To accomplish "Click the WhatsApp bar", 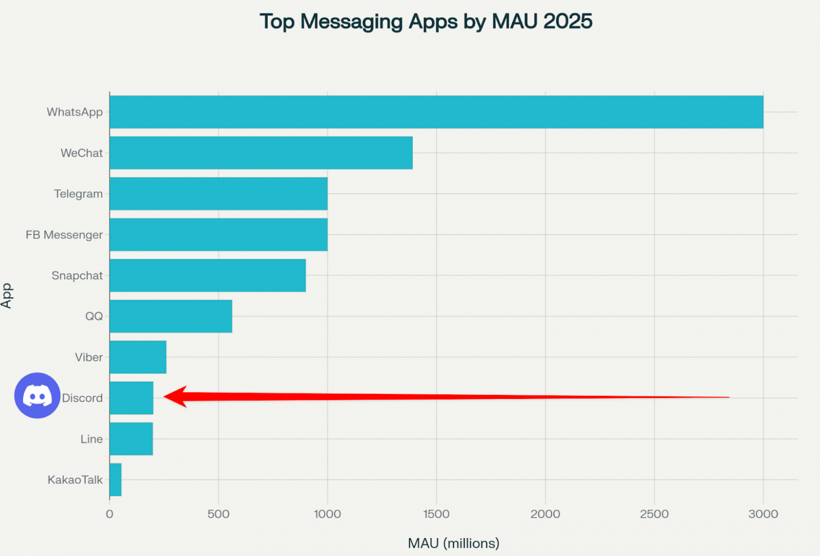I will (x=436, y=112).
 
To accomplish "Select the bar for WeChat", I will (x=261, y=153).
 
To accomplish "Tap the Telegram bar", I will (x=218, y=194).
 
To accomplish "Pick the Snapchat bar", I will (x=208, y=276).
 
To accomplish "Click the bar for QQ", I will (x=171, y=316).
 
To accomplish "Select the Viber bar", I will (x=138, y=357).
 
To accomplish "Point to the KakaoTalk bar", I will (x=116, y=480).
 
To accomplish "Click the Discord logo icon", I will (x=37, y=395).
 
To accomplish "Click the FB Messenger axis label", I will (x=64, y=235).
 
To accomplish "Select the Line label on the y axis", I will (x=91, y=439).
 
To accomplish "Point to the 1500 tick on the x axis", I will (x=436, y=514).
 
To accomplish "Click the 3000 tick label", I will (x=763, y=514).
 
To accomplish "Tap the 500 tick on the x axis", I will (x=218, y=514).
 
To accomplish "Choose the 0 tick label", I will (x=109, y=514).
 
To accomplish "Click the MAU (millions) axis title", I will (x=454, y=543).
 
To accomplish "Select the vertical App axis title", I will (x=7, y=296).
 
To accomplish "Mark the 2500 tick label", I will (x=654, y=514).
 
